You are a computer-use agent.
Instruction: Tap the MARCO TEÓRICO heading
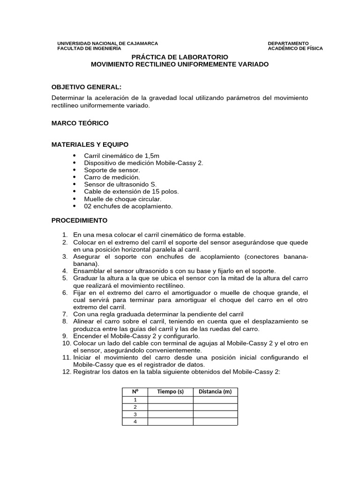pyautogui.click(x=80, y=123)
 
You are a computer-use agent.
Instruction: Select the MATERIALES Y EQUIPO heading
pyautogui.click(x=90, y=144)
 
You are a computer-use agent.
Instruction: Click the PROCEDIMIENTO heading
pyautogui.click(x=79, y=220)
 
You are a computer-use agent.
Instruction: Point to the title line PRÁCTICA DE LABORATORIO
pyautogui.click(x=180, y=56)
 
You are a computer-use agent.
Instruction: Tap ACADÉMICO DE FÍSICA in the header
pyautogui.click(x=295, y=48)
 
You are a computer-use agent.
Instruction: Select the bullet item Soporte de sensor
pyautogui.click(x=112, y=170)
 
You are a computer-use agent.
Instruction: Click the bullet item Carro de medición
pyautogui.click(x=112, y=177)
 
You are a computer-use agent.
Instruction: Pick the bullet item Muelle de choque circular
pyautogui.click(x=122, y=199)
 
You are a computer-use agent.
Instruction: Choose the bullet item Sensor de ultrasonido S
pyautogui.click(x=120, y=184)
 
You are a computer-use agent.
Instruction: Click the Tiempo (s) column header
pyautogui.click(x=170, y=392)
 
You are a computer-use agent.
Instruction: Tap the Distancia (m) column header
pyautogui.click(x=215, y=392)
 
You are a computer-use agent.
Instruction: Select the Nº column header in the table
pyautogui.click(x=135, y=392)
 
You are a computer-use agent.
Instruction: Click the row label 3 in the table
pyautogui.click(x=135, y=414)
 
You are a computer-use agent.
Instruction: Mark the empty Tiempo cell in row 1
pyautogui.click(x=170, y=400)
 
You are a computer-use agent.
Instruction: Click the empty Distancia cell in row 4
pyautogui.click(x=215, y=422)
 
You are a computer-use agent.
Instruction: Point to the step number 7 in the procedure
pyautogui.click(x=65, y=314)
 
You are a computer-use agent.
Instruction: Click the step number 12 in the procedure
pyautogui.click(x=66, y=372)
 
